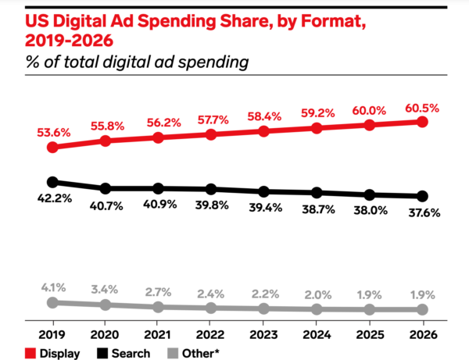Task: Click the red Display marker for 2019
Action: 52,147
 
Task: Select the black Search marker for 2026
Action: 423,196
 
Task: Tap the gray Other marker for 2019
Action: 52,302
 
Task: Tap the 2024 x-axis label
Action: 317,330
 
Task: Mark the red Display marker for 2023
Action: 263,131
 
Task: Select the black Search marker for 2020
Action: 106,188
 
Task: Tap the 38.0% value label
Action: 370,210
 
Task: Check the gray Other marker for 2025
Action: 370,309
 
